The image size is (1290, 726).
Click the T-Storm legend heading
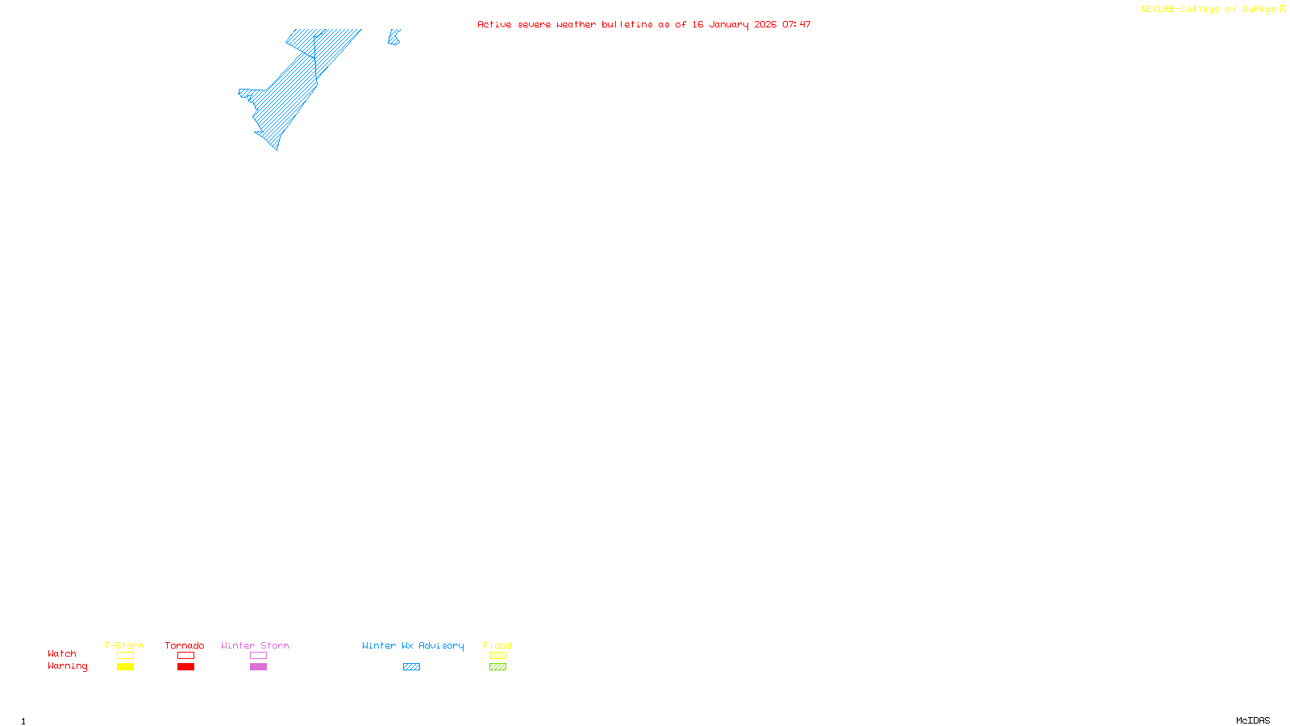pyautogui.click(x=124, y=645)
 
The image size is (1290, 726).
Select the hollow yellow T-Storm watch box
pyautogui.click(x=125, y=656)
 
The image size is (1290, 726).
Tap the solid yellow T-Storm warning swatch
pyautogui.click(x=125, y=667)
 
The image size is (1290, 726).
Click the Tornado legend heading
pyautogui.click(x=185, y=645)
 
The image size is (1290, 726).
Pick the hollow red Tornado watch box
pyautogui.click(x=185, y=656)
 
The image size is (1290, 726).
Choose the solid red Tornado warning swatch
pyautogui.click(x=185, y=667)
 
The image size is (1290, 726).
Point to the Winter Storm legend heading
pyautogui.click(x=255, y=645)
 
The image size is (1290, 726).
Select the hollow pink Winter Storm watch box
pyautogui.click(x=258, y=656)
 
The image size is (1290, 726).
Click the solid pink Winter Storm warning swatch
pyautogui.click(x=258, y=667)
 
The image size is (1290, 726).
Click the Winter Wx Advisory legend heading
pyautogui.click(x=413, y=645)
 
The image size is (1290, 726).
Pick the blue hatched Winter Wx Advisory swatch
pyautogui.click(x=411, y=667)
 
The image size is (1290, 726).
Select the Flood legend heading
pyautogui.click(x=497, y=645)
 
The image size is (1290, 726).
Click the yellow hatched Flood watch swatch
pyautogui.click(x=497, y=656)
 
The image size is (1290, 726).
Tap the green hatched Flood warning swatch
pyautogui.click(x=497, y=667)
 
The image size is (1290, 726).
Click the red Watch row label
pyautogui.click(x=62, y=653)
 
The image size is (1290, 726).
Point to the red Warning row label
pyautogui.click(x=68, y=666)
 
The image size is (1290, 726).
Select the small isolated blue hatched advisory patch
pyautogui.click(x=393, y=38)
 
